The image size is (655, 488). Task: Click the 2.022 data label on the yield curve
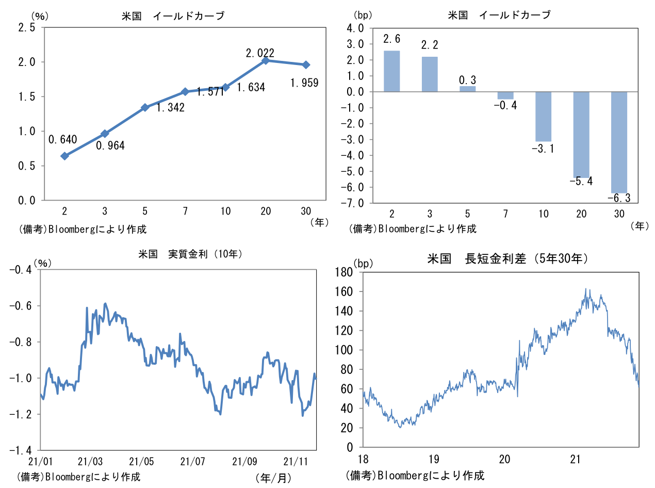[x=260, y=53]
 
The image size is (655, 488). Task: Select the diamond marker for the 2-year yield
[x=64, y=156]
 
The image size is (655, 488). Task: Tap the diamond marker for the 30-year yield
[x=306, y=64]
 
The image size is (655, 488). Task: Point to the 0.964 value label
[x=110, y=145]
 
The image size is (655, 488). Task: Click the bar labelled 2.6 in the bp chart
[x=392, y=71]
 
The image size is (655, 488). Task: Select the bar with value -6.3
[x=619, y=142]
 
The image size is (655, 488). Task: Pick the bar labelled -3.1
[x=544, y=117]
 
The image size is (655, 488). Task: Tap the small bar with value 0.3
[x=468, y=89]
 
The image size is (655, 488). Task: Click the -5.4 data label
[x=581, y=181]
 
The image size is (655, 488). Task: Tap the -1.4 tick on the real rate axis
[x=21, y=450]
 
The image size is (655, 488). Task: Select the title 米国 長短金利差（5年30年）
[x=508, y=258]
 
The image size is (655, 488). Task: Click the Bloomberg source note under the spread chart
[x=416, y=475]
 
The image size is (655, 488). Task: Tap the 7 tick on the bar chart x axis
[x=505, y=214]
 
